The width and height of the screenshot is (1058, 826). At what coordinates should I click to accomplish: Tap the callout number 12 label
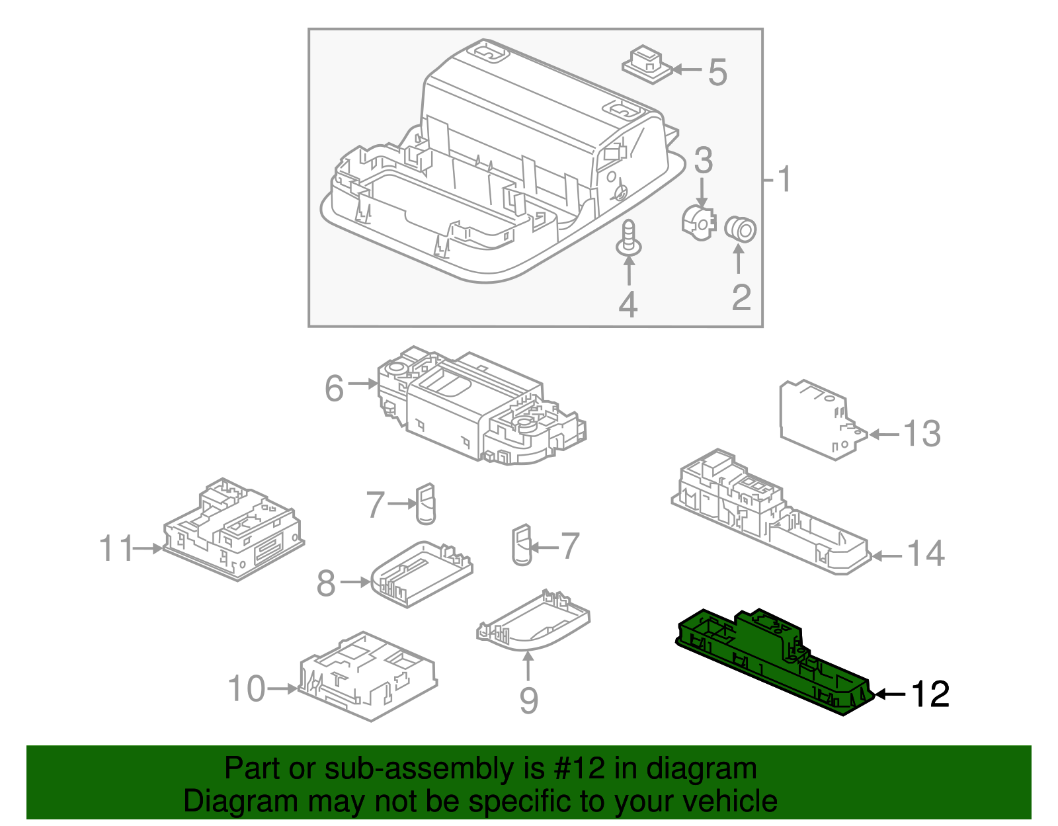pyautogui.click(x=930, y=694)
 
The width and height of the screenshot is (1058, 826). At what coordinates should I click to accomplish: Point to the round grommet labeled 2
pyautogui.click(x=741, y=229)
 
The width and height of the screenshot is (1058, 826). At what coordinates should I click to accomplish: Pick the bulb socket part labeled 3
pyautogui.click(x=699, y=221)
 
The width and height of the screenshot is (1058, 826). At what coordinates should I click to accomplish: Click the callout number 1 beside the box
pyautogui.click(x=784, y=179)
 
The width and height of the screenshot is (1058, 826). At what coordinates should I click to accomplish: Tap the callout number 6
pyautogui.click(x=335, y=388)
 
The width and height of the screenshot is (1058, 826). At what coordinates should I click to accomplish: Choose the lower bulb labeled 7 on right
pyautogui.click(x=522, y=546)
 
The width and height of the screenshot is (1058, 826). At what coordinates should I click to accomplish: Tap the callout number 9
pyautogui.click(x=528, y=700)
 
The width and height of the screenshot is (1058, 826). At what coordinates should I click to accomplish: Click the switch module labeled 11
pyautogui.click(x=233, y=529)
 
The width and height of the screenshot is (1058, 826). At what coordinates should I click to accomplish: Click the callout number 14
pyautogui.click(x=926, y=554)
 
